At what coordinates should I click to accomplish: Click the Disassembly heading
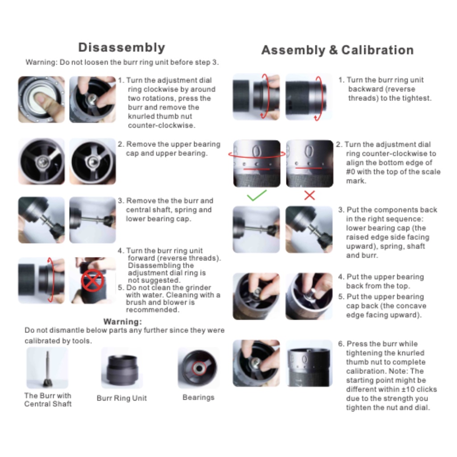click(x=121, y=47)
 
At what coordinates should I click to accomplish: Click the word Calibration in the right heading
click(x=378, y=50)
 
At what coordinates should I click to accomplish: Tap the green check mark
click(x=257, y=195)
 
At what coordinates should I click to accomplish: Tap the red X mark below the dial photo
click(x=309, y=195)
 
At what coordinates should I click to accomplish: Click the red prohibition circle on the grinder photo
click(x=92, y=280)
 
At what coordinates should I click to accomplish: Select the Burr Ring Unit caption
click(x=121, y=398)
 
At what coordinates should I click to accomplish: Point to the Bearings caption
click(x=199, y=397)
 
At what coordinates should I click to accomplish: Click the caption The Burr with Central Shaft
click(x=48, y=399)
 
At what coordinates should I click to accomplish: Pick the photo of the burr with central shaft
click(x=47, y=368)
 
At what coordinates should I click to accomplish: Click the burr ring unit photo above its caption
click(x=122, y=368)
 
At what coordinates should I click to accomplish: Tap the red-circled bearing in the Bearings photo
click(x=199, y=368)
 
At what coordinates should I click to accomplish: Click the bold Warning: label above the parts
click(x=122, y=322)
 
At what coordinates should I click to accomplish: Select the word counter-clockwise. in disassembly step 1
click(x=162, y=125)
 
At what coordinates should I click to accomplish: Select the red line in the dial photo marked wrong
click(x=309, y=168)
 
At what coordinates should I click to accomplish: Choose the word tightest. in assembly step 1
click(x=417, y=98)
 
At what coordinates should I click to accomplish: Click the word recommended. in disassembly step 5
click(x=153, y=310)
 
